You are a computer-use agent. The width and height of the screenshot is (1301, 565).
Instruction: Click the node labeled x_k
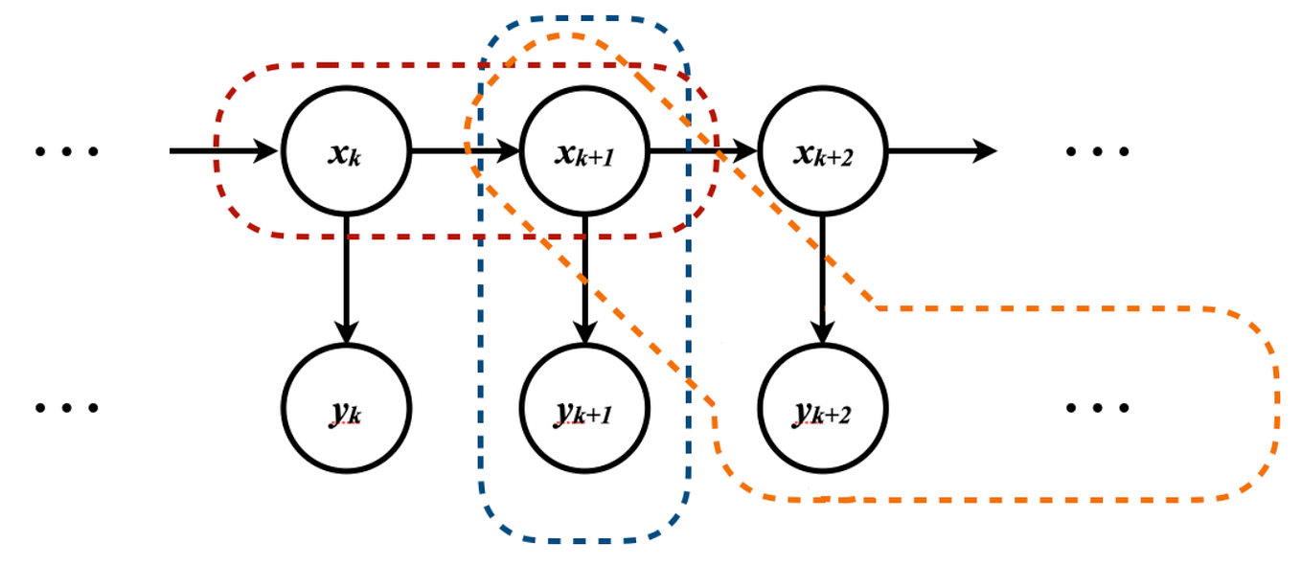coord(346,151)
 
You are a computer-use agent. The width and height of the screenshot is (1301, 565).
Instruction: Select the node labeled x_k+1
coord(584,151)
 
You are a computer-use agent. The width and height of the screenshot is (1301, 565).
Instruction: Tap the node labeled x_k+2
coord(822,151)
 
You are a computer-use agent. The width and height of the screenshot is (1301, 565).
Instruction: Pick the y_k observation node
coord(346,408)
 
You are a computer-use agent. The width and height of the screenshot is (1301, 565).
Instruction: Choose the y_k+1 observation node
coord(584,408)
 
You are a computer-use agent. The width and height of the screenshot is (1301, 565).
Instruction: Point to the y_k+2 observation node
coord(822,408)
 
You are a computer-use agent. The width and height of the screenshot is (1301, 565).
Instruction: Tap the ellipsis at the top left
coord(67,151)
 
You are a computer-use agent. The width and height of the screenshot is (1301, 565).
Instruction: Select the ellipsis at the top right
coord(1098,151)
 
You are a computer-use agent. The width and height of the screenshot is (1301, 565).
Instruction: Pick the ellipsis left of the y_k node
coord(67,408)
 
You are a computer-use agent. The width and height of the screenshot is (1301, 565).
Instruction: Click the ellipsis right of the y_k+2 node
coord(1098,408)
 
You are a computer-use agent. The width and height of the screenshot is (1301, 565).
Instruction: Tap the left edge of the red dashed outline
coord(216,151)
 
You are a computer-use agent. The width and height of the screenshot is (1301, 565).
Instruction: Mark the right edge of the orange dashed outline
coord(1277,402)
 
